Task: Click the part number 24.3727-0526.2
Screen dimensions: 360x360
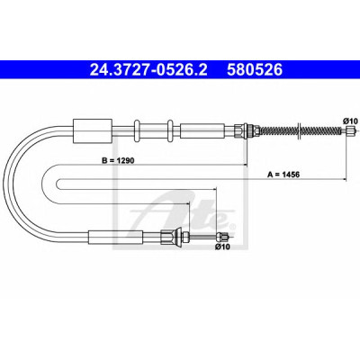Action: [x=148, y=70]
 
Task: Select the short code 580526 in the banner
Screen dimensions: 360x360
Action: [x=255, y=70]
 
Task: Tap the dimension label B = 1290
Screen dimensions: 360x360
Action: [x=118, y=160]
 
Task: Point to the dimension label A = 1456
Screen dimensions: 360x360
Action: [x=283, y=175]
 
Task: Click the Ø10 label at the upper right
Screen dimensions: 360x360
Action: [x=350, y=121]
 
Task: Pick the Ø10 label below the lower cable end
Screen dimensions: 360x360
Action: [x=222, y=247]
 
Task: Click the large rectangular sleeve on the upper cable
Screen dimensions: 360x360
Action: [x=93, y=130]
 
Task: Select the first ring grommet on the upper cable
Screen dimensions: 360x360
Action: [x=137, y=130]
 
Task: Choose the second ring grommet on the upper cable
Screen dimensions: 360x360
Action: [x=170, y=130]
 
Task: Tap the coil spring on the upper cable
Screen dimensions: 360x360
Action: [x=301, y=130]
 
